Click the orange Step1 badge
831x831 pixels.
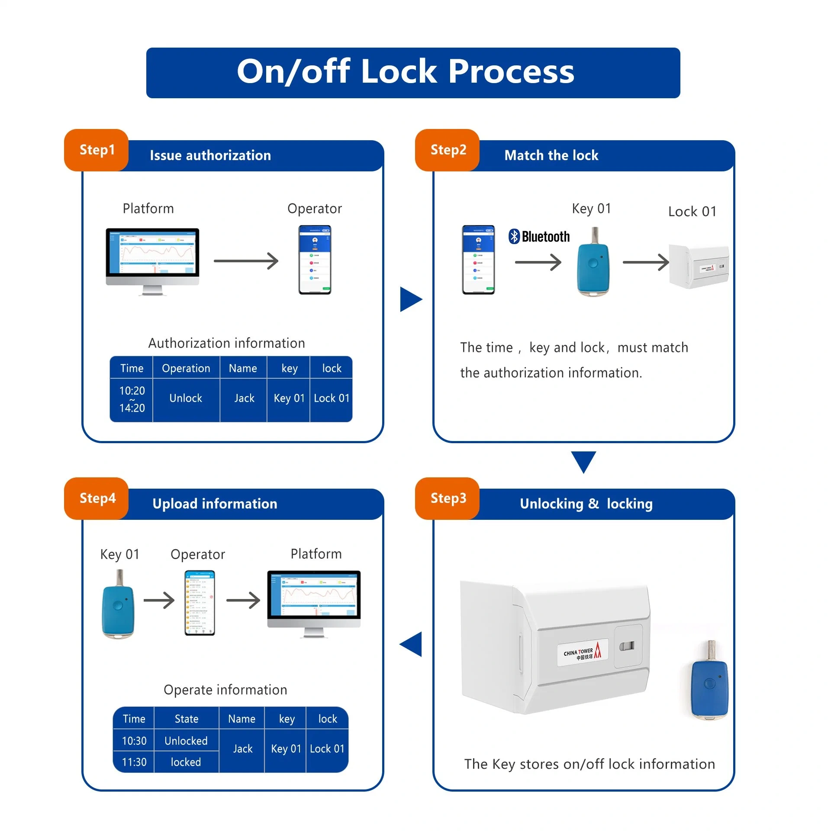click(97, 150)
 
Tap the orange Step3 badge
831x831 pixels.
click(448, 498)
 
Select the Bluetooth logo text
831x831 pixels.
click(539, 236)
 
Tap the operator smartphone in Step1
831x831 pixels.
click(315, 260)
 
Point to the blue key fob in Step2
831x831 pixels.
click(593, 264)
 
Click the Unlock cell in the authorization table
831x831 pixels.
click(186, 398)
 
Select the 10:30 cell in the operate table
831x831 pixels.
click(134, 741)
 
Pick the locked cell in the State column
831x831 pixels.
click(186, 762)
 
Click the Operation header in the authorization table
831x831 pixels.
click(186, 368)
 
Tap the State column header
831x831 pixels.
click(187, 718)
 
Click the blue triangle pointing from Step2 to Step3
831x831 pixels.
click(583, 461)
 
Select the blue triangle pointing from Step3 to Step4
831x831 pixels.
click(412, 644)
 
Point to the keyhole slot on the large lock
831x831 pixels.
click(627, 646)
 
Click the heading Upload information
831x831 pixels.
click(215, 504)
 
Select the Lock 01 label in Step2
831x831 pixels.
click(692, 212)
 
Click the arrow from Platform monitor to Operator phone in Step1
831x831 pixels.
click(246, 261)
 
